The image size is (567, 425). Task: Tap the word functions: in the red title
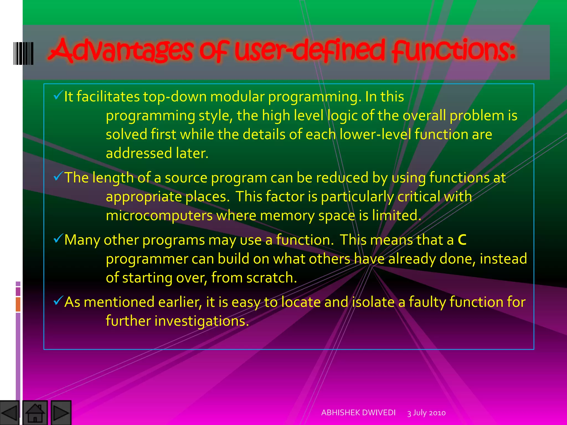(454, 50)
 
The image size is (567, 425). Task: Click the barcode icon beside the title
(24, 53)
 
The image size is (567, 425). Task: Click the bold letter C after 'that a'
(462, 240)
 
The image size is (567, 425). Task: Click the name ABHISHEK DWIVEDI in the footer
(358, 413)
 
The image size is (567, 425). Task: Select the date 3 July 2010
(426, 413)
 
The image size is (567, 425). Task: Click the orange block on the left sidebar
(18, 304)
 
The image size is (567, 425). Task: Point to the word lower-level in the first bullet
(375, 135)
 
